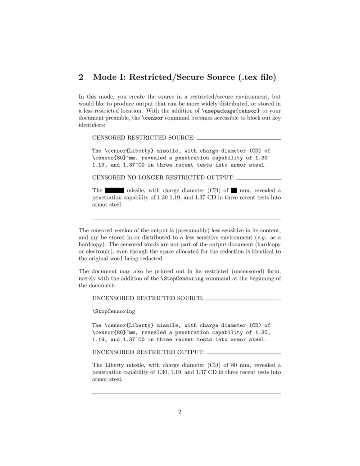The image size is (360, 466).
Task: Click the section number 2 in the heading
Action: tap(81, 77)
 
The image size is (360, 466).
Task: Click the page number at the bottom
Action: tap(180, 411)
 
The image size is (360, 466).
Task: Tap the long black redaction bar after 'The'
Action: tap(114, 190)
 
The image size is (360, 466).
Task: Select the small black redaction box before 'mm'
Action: tap(234, 190)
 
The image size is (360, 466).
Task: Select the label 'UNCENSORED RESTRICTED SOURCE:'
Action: tap(148, 298)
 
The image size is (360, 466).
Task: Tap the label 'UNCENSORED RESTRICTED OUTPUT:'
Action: tap(148, 351)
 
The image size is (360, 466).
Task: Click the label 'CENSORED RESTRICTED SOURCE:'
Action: tap(144, 137)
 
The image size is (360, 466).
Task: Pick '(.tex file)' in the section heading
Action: tap(256, 77)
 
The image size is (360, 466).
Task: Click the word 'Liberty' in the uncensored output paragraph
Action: tap(115, 365)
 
